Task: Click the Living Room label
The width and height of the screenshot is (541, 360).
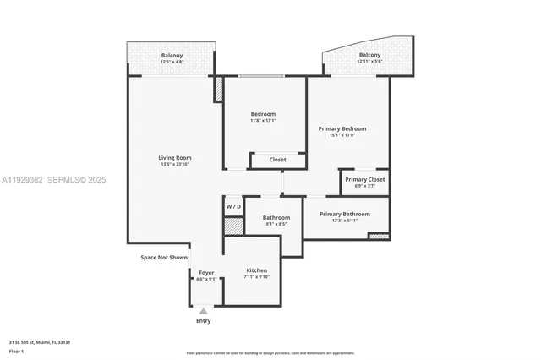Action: click(x=175, y=157)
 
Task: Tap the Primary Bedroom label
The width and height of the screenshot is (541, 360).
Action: click(x=342, y=128)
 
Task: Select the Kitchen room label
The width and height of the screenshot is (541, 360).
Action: click(x=255, y=270)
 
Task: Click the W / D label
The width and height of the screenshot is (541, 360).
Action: click(x=233, y=206)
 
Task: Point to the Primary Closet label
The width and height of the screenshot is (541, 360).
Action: click(x=365, y=179)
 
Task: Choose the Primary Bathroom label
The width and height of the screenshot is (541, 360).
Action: click(x=344, y=214)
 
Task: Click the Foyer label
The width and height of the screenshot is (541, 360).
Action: click(x=206, y=272)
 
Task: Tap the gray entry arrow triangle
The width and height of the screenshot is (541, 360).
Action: click(x=203, y=311)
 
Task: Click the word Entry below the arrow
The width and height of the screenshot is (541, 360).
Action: click(x=204, y=321)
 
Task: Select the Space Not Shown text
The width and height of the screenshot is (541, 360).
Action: click(x=164, y=257)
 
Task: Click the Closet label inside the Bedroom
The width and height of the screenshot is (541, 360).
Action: click(x=277, y=160)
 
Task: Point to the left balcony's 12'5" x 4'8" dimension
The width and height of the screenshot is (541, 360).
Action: click(x=172, y=62)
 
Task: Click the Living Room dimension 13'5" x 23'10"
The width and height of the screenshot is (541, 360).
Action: click(x=175, y=164)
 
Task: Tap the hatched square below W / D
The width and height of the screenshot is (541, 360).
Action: click(x=233, y=226)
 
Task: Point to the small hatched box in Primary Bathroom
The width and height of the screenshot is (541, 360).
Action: click(x=380, y=236)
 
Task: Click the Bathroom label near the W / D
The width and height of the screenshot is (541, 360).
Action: click(x=276, y=217)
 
